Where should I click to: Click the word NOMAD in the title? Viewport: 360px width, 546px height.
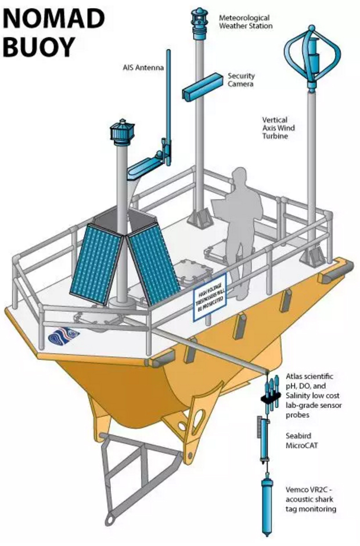54,19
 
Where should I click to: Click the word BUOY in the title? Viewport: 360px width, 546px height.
39,46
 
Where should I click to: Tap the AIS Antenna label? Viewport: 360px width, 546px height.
143,67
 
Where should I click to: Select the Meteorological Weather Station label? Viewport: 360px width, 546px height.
246,21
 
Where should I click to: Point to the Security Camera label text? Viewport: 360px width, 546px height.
242,80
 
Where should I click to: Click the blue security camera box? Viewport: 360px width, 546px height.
202,87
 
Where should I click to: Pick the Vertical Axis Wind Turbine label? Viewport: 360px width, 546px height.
278,128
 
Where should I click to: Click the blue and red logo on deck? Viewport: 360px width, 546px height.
64,336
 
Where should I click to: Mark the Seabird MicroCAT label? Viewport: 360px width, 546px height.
301,440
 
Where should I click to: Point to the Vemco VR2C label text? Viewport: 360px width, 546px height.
311,500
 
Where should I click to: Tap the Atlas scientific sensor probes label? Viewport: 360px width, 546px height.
314,396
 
